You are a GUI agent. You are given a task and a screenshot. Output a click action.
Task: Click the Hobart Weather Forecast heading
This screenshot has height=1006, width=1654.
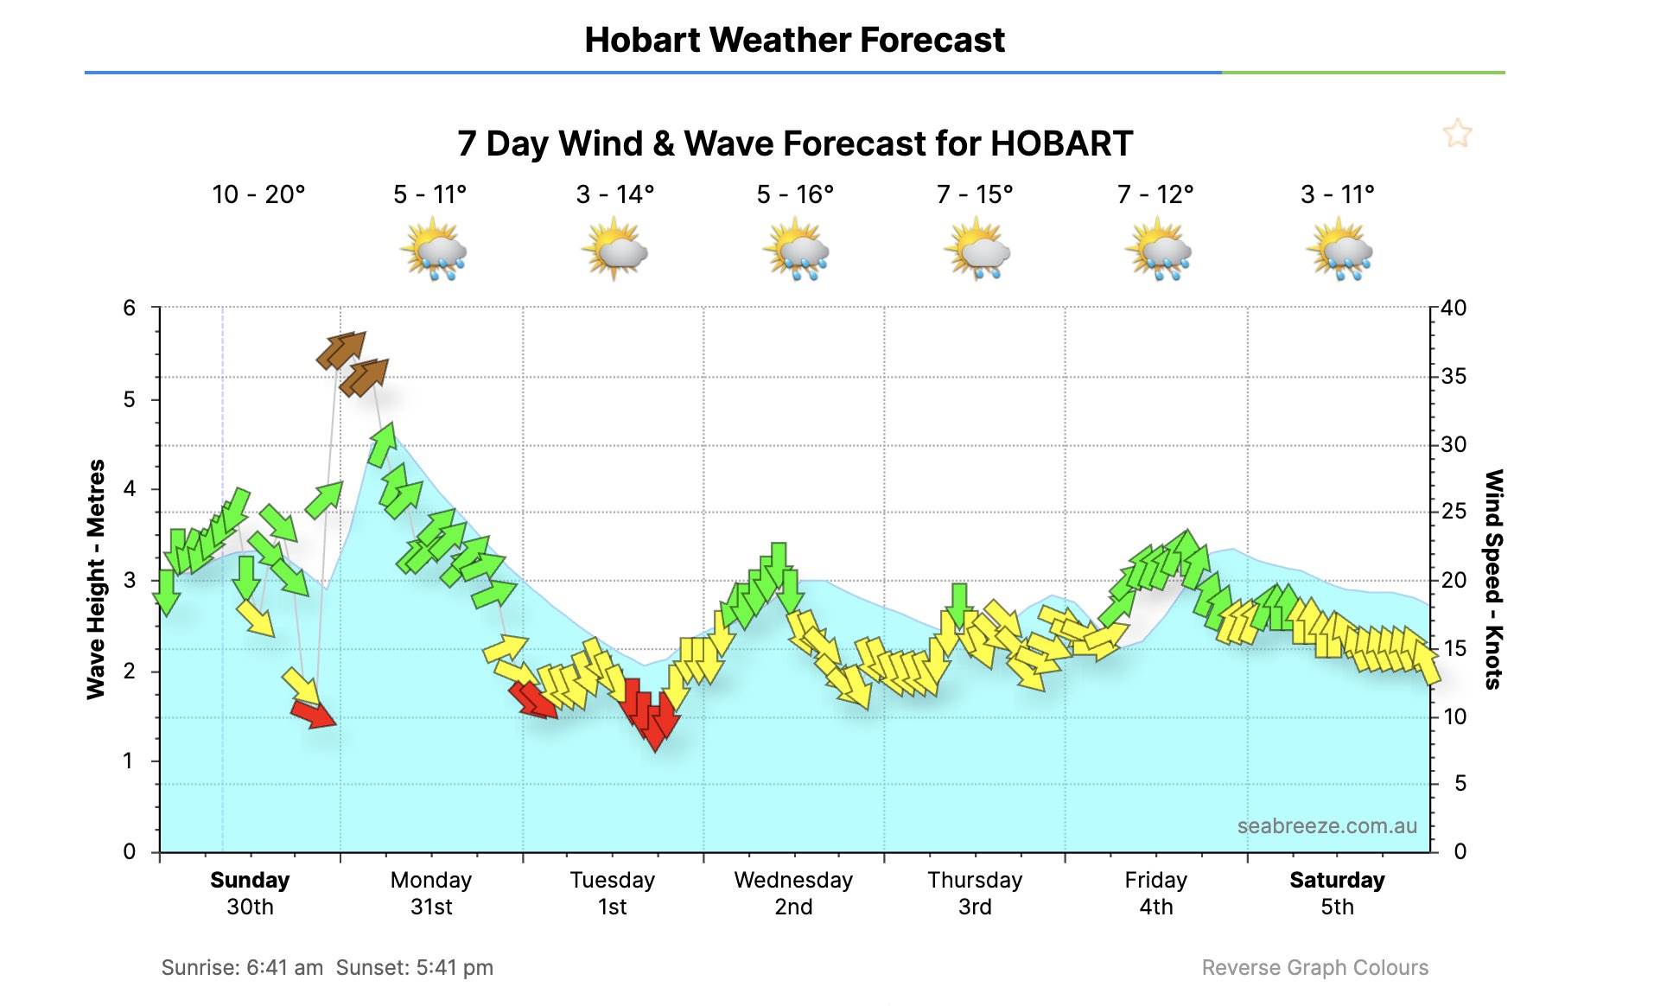click(794, 40)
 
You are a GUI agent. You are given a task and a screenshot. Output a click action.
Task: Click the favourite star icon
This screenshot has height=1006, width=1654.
click(1457, 134)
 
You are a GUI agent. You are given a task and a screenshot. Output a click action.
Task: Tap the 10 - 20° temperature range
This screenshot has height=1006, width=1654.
click(258, 194)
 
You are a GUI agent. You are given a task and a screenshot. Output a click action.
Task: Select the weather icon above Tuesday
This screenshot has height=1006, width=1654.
click(614, 250)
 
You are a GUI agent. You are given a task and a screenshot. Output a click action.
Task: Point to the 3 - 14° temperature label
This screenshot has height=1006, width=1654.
click(614, 194)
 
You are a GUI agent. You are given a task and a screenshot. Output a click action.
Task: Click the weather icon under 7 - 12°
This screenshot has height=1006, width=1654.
click(1157, 250)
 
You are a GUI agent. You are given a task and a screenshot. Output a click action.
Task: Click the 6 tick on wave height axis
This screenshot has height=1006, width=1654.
click(130, 308)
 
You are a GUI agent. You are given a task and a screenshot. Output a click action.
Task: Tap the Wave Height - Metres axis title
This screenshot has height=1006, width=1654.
click(96, 579)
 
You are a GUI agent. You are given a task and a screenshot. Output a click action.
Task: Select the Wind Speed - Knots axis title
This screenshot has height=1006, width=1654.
click(1494, 579)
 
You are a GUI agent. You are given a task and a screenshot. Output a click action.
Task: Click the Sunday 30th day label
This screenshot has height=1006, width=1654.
click(250, 893)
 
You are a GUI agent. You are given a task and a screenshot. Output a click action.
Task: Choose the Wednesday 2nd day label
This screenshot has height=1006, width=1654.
click(793, 893)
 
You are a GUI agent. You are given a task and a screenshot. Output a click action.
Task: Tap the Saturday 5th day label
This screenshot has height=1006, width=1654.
click(1337, 893)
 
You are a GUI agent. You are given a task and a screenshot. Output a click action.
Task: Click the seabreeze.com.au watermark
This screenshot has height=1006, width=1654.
click(1326, 826)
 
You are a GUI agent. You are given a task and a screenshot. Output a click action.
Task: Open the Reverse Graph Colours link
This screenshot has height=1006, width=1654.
click(1314, 968)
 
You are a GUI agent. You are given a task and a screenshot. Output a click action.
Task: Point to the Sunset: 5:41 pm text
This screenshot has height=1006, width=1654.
click(415, 968)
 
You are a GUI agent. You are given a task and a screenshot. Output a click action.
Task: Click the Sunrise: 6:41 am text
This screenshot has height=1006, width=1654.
click(242, 968)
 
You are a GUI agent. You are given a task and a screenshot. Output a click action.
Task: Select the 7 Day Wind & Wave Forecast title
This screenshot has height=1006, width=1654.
click(794, 143)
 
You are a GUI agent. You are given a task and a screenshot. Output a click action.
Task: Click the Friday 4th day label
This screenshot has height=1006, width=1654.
click(1155, 893)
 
